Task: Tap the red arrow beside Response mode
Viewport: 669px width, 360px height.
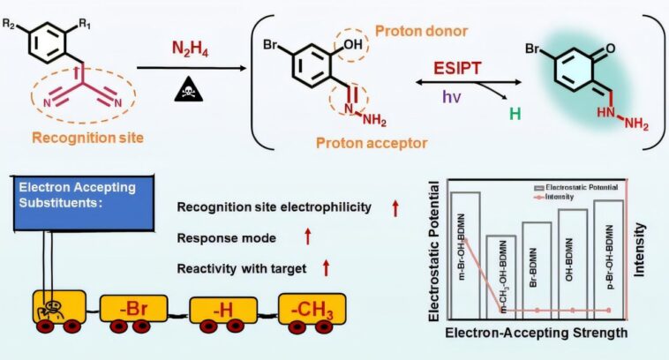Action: pos(308,237)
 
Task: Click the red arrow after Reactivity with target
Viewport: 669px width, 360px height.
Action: pos(326,266)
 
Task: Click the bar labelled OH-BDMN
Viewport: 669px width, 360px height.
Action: pos(573,263)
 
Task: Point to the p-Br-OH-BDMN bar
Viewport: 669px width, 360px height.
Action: pos(609,259)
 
